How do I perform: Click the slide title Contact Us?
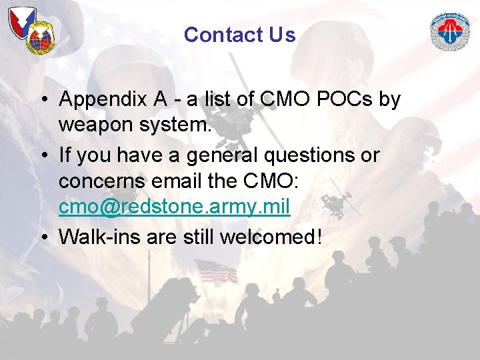[x=239, y=35]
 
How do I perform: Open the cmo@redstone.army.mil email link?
[x=174, y=207]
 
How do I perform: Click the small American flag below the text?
[x=215, y=271]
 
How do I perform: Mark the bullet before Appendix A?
[x=42, y=100]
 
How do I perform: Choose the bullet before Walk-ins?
[x=42, y=237]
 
